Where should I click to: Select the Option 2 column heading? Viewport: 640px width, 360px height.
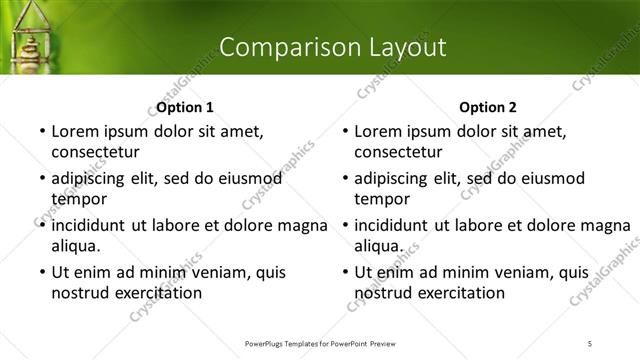[x=488, y=107]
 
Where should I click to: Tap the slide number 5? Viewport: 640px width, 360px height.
[x=590, y=343]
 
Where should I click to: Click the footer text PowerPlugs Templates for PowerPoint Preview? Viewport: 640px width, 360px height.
[x=320, y=343]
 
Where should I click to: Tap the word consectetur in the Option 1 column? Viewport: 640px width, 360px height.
[x=95, y=152]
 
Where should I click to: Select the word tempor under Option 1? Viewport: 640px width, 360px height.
[x=76, y=199]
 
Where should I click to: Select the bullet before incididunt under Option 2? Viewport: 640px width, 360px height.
[x=344, y=225]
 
